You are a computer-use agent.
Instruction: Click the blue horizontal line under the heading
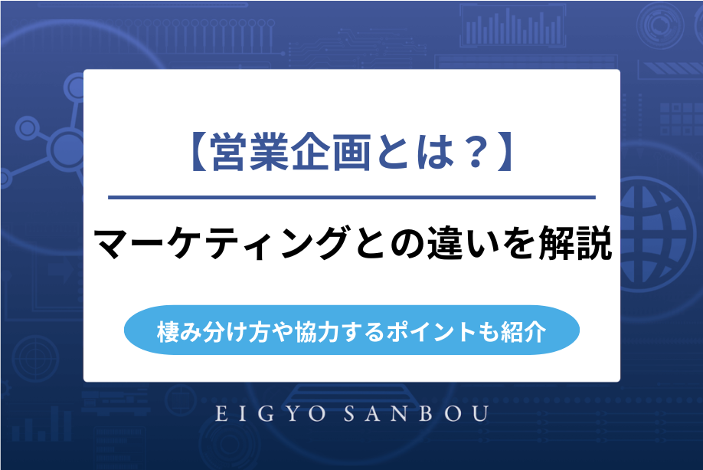click(x=351, y=198)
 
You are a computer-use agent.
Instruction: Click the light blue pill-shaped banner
click(x=351, y=332)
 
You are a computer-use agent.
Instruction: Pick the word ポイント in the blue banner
click(x=436, y=332)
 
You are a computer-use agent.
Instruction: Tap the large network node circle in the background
click(x=66, y=146)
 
